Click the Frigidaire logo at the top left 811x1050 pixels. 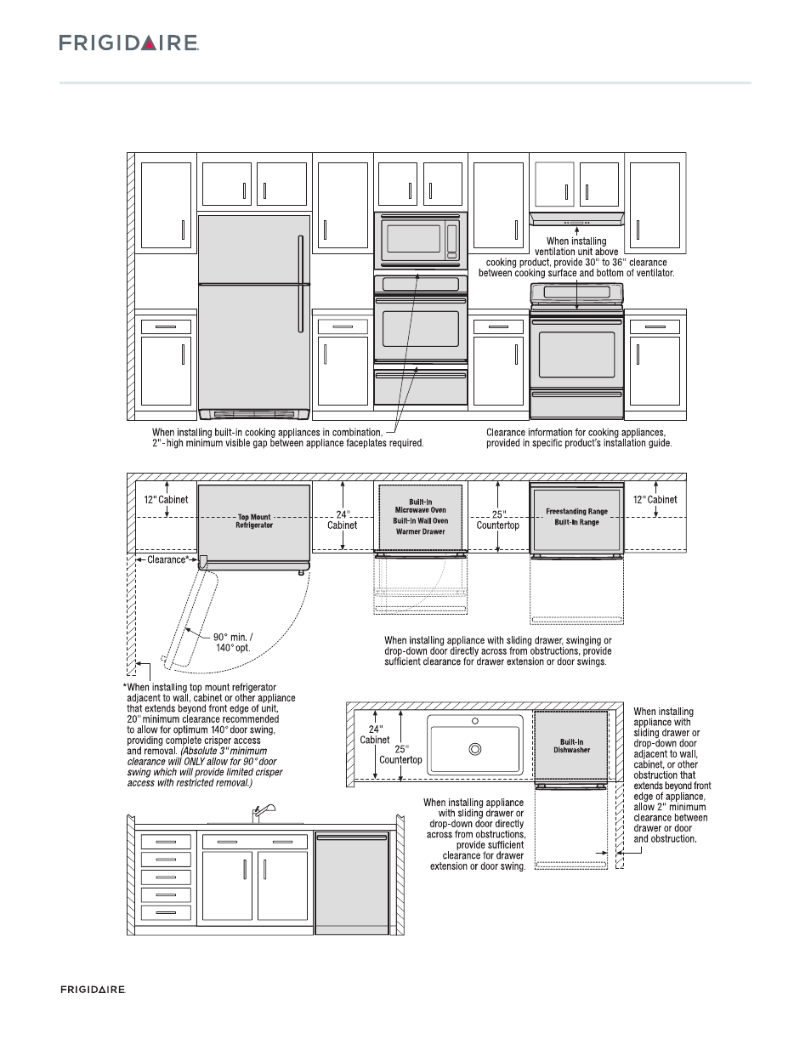(128, 43)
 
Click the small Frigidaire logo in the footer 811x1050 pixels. (93, 990)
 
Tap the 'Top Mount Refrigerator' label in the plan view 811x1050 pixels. (254, 521)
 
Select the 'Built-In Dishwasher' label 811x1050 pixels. (571, 746)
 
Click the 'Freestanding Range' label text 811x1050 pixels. (576, 512)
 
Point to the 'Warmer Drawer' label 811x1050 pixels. (421, 531)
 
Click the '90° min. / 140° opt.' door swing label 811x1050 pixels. (232, 642)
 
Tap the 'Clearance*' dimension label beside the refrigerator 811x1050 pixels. (167, 559)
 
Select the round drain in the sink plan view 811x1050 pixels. (475, 749)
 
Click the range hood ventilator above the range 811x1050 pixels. (577, 219)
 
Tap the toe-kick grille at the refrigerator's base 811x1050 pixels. (253, 414)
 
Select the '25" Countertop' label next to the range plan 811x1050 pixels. (498, 519)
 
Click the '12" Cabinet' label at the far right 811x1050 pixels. (655, 499)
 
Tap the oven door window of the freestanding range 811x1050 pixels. (576, 355)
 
